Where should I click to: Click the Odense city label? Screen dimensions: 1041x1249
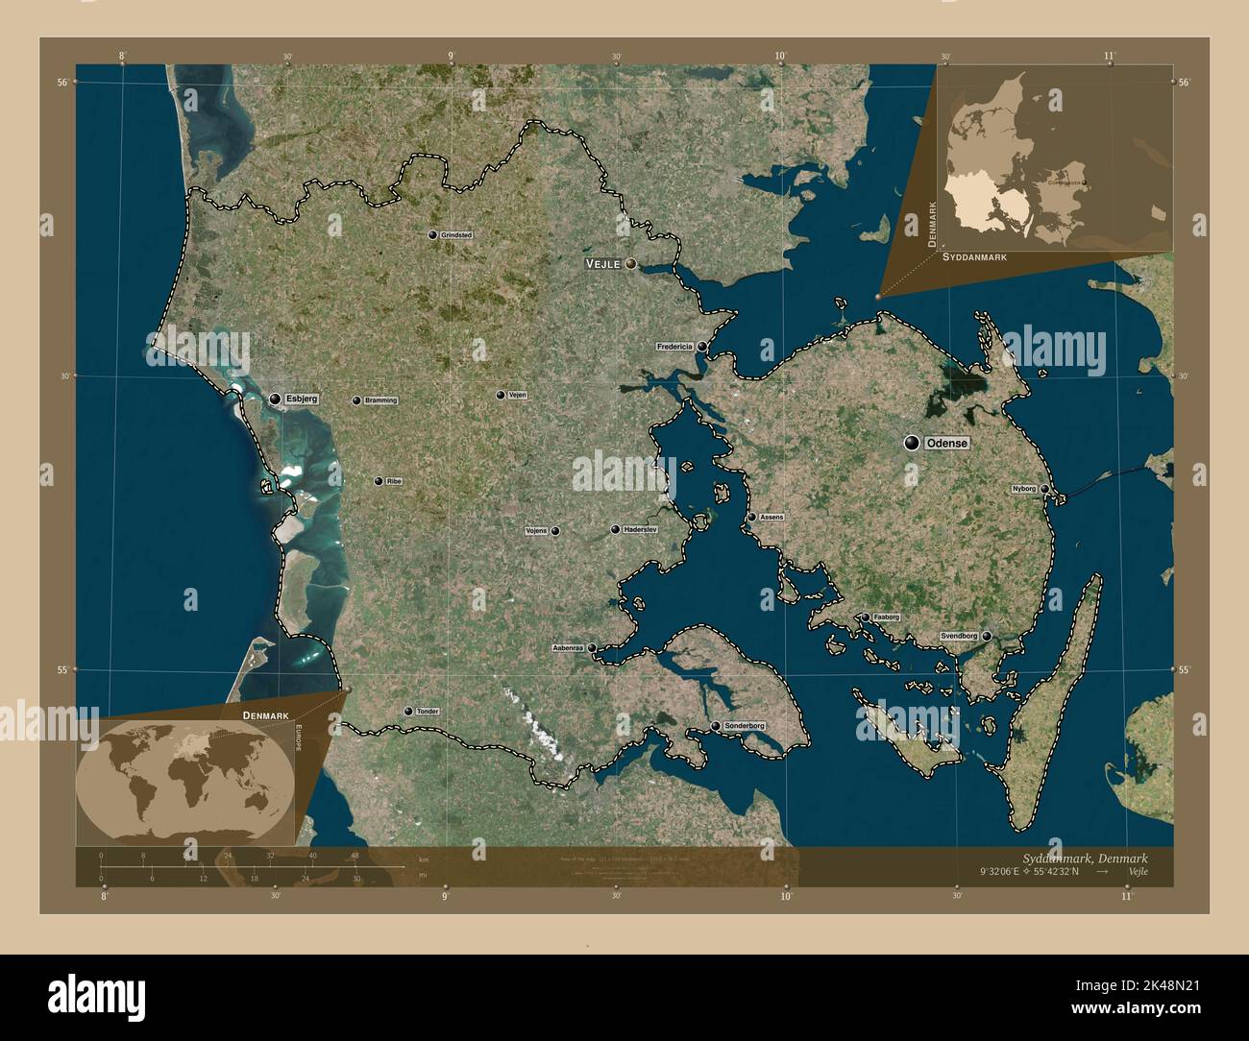coord(946,444)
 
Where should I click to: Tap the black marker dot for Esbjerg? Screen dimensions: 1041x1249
coord(275,399)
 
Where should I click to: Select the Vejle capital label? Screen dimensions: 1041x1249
coord(603,263)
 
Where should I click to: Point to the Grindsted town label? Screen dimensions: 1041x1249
coord(456,234)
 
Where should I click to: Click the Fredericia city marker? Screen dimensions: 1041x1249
coord(702,347)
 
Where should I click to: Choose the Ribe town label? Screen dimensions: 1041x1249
coord(394,481)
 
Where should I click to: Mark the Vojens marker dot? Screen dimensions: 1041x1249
coord(555,531)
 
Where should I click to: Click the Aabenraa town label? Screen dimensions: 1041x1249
coord(568,648)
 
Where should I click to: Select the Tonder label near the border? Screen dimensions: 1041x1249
coord(428,712)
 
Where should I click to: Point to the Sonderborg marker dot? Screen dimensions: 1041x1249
coord(716,726)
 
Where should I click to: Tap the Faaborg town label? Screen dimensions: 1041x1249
coord(887,617)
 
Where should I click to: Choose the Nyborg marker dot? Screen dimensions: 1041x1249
coord(1044,489)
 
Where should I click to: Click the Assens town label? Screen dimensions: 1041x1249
coord(771,517)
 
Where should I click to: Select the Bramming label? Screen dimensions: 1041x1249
coord(380,400)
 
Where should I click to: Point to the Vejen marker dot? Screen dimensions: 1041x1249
coord(501,395)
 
